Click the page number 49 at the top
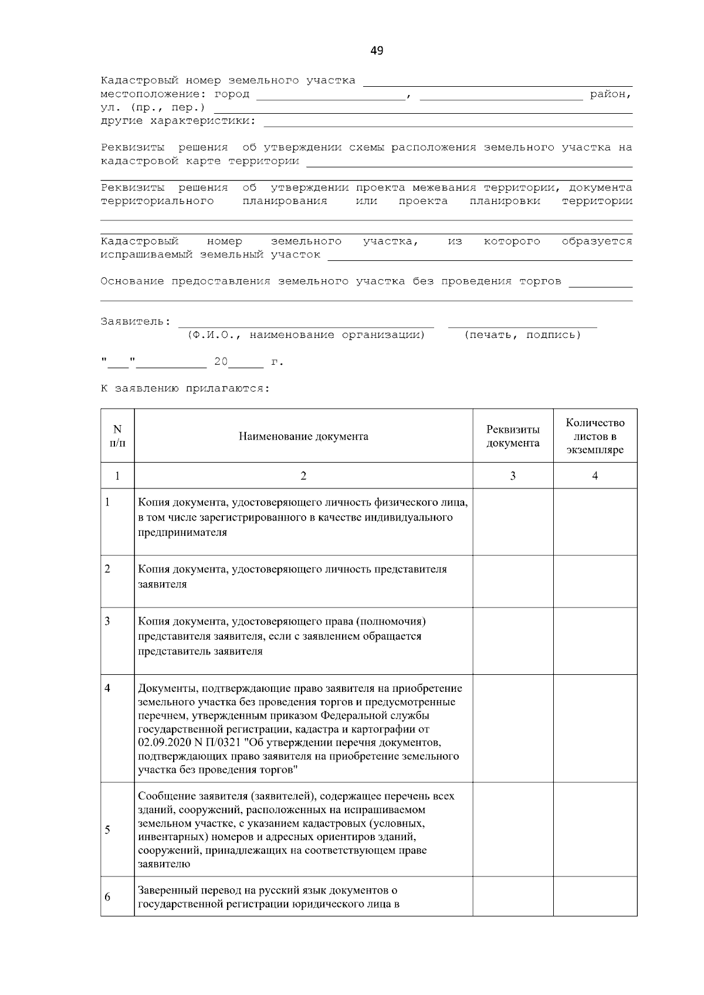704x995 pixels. click(x=377, y=51)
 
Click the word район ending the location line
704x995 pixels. click(x=610, y=94)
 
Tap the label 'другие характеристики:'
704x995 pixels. click(x=178, y=121)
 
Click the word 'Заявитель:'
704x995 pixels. click(x=136, y=321)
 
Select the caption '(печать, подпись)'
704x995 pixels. click(x=522, y=335)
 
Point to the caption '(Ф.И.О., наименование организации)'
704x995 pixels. click(x=306, y=335)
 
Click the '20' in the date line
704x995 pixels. click(x=221, y=362)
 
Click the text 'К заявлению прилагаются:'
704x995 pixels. click(x=185, y=388)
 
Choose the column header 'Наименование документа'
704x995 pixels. click(x=303, y=436)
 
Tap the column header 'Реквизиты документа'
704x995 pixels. click(x=513, y=436)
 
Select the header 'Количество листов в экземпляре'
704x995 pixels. click(x=595, y=436)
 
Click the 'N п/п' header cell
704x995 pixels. click(x=117, y=436)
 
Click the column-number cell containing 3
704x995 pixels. click(x=513, y=476)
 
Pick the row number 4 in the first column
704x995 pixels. click(x=107, y=688)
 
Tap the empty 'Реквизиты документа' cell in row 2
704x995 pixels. click(x=513, y=581)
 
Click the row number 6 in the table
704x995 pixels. click(x=107, y=897)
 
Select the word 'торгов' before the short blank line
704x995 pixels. click(x=540, y=281)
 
